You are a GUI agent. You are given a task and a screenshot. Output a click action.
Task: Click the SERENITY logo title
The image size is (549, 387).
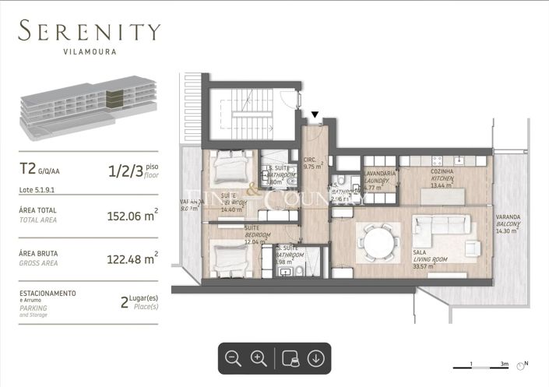tap(90, 33)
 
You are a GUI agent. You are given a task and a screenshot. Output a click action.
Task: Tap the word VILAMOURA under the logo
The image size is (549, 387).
tap(90, 54)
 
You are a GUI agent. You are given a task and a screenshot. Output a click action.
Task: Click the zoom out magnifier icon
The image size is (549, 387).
tap(233, 358)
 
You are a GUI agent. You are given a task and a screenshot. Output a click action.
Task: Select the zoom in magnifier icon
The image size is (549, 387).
tap(259, 358)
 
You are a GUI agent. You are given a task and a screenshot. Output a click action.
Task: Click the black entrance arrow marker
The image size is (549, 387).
tap(315, 117)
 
